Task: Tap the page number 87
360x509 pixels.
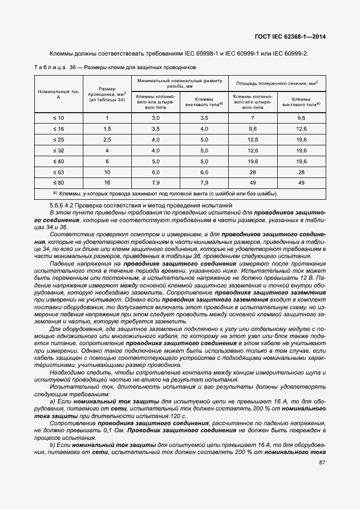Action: (x=322, y=463)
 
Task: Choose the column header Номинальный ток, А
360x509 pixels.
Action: (x=58, y=94)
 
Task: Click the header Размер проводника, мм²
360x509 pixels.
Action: (x=107, y=94)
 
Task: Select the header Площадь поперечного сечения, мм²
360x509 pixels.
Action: (x=277, y=83)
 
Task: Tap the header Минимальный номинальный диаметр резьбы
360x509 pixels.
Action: (x=180, y=83)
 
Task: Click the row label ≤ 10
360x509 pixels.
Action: (x=58, y=118)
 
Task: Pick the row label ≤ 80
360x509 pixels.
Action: (x=58, y=183)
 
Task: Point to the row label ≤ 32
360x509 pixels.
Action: (x=58, y=150)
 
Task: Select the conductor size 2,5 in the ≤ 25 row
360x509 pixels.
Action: (x=107, y=140)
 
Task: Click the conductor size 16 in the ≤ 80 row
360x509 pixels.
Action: (x=107, y=183)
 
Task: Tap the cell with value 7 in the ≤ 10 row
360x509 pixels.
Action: (x=253, y=118)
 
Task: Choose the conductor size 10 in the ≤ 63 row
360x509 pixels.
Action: (x=107, y=172)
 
